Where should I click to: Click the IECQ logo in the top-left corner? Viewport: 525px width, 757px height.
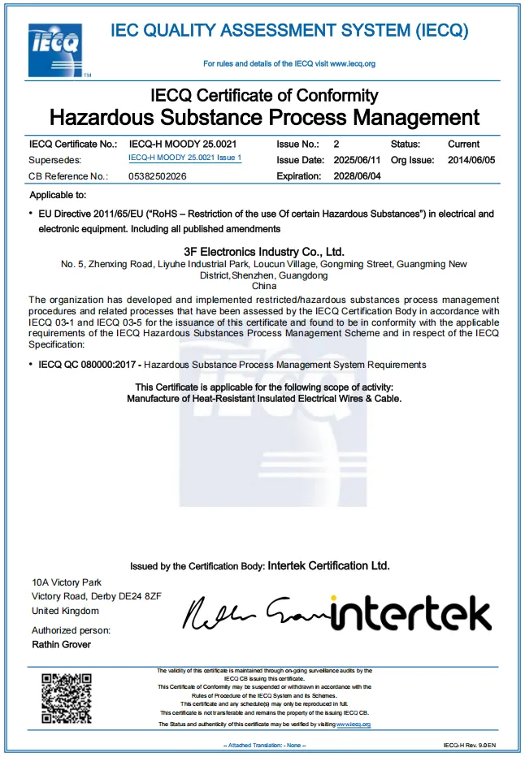point(54,50)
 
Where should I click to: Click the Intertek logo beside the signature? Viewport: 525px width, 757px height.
point(411,615)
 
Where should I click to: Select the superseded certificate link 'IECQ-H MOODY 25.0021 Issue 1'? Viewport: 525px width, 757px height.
point(185,158)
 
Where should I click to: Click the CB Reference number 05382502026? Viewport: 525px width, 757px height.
point(158,176)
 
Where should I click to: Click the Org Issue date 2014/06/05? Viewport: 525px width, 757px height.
point(471,160)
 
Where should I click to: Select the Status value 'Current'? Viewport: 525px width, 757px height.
point(464,144)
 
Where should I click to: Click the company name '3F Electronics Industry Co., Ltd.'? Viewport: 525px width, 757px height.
point(265,252)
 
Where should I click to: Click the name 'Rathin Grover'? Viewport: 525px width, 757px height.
point(62,645)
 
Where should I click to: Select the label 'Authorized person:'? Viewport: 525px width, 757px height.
point(71,630)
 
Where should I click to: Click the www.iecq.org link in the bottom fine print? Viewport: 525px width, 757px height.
point(354,724)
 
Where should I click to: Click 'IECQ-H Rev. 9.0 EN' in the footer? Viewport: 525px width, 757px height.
point(470,745)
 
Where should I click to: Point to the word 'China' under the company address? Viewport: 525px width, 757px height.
point(265,287)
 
